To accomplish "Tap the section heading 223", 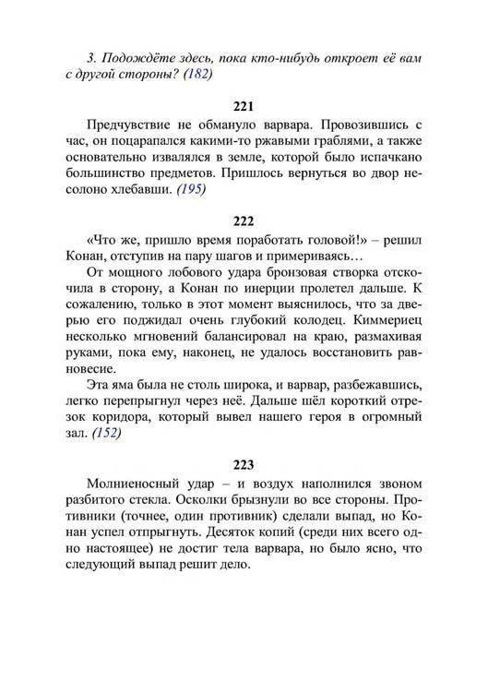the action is coord(244,465).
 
